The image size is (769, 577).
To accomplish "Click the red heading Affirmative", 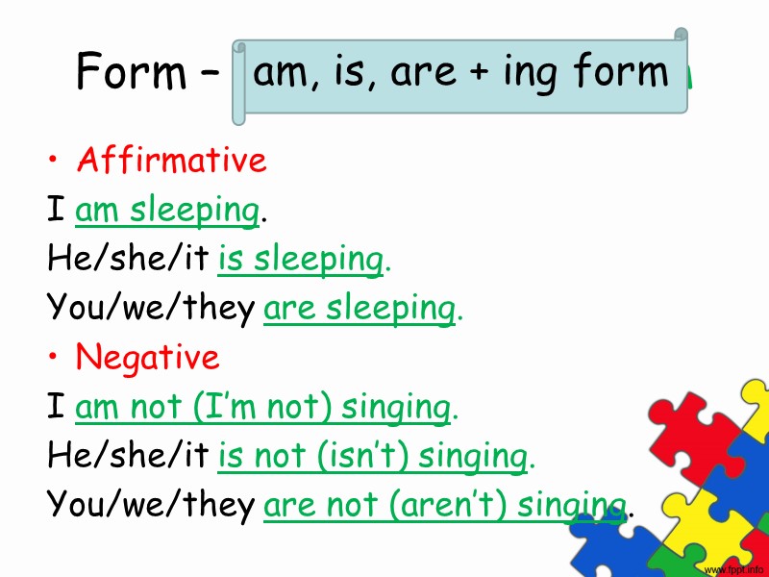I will tap(171, 160).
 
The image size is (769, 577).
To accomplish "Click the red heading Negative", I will tap(147, 358).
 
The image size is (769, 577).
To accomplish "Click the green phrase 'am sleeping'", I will tap(167, 211).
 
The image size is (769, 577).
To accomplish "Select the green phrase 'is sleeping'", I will tap(301, 260).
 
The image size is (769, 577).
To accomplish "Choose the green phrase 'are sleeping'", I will tap(359, 309).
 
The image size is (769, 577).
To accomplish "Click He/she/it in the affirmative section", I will tap(129, 260).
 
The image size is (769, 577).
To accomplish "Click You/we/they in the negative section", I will tap(151, 506).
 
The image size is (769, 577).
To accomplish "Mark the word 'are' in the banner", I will tap(421, 72).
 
